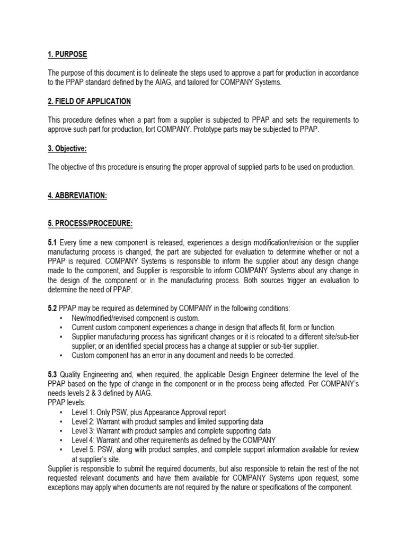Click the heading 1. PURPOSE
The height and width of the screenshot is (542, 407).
68,55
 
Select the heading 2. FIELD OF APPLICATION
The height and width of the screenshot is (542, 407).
90,101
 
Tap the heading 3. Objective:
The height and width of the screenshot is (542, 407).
67,149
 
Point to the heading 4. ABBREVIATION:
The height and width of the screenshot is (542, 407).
77,196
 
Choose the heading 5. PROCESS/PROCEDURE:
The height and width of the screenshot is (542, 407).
90,223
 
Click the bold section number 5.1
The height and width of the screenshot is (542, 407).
53,242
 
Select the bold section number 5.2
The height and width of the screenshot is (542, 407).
53,309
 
